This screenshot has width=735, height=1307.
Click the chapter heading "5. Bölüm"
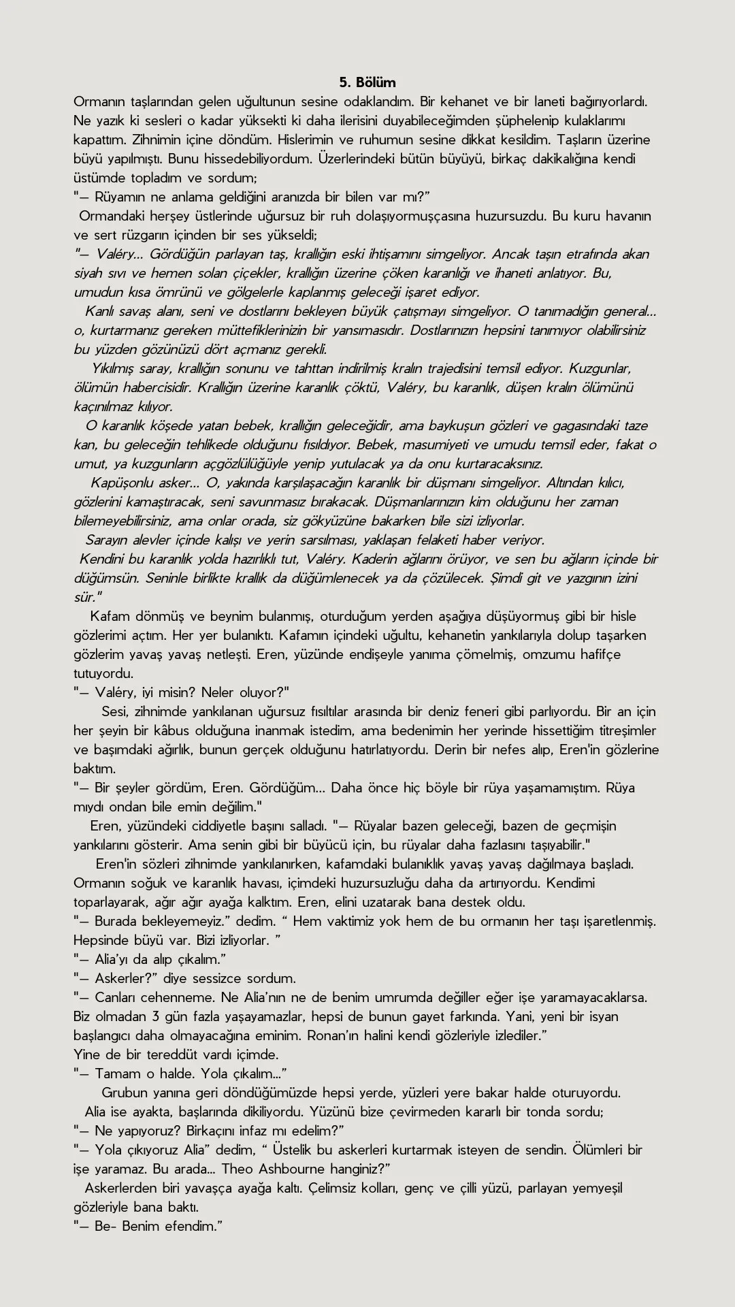tap(367, 82)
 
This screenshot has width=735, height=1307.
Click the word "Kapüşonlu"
tap(122, 483)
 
